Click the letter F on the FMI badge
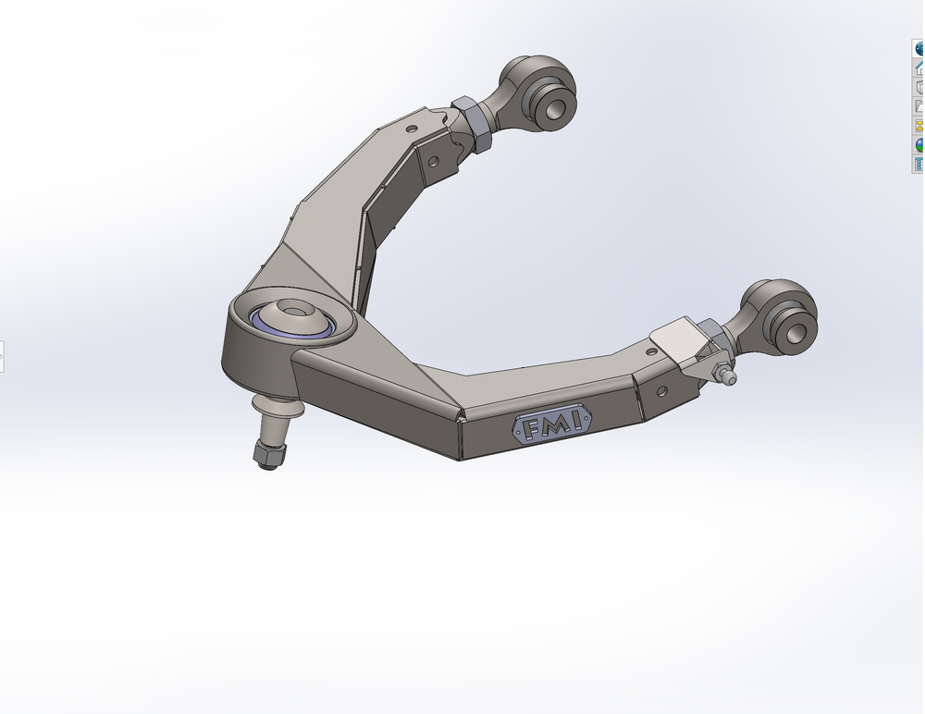(x=535, y=428)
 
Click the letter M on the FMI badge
(x=555, y=425)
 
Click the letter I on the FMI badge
(x=575, y=422)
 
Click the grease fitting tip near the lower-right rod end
(x=731, y=378)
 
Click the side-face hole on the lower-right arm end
(x=660, y=390)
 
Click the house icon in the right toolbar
(x=919, y=68)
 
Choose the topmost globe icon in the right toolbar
(x=919, y=48)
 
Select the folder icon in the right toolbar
(x=919, y=106)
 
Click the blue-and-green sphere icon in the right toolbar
(x=919, y=145)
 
